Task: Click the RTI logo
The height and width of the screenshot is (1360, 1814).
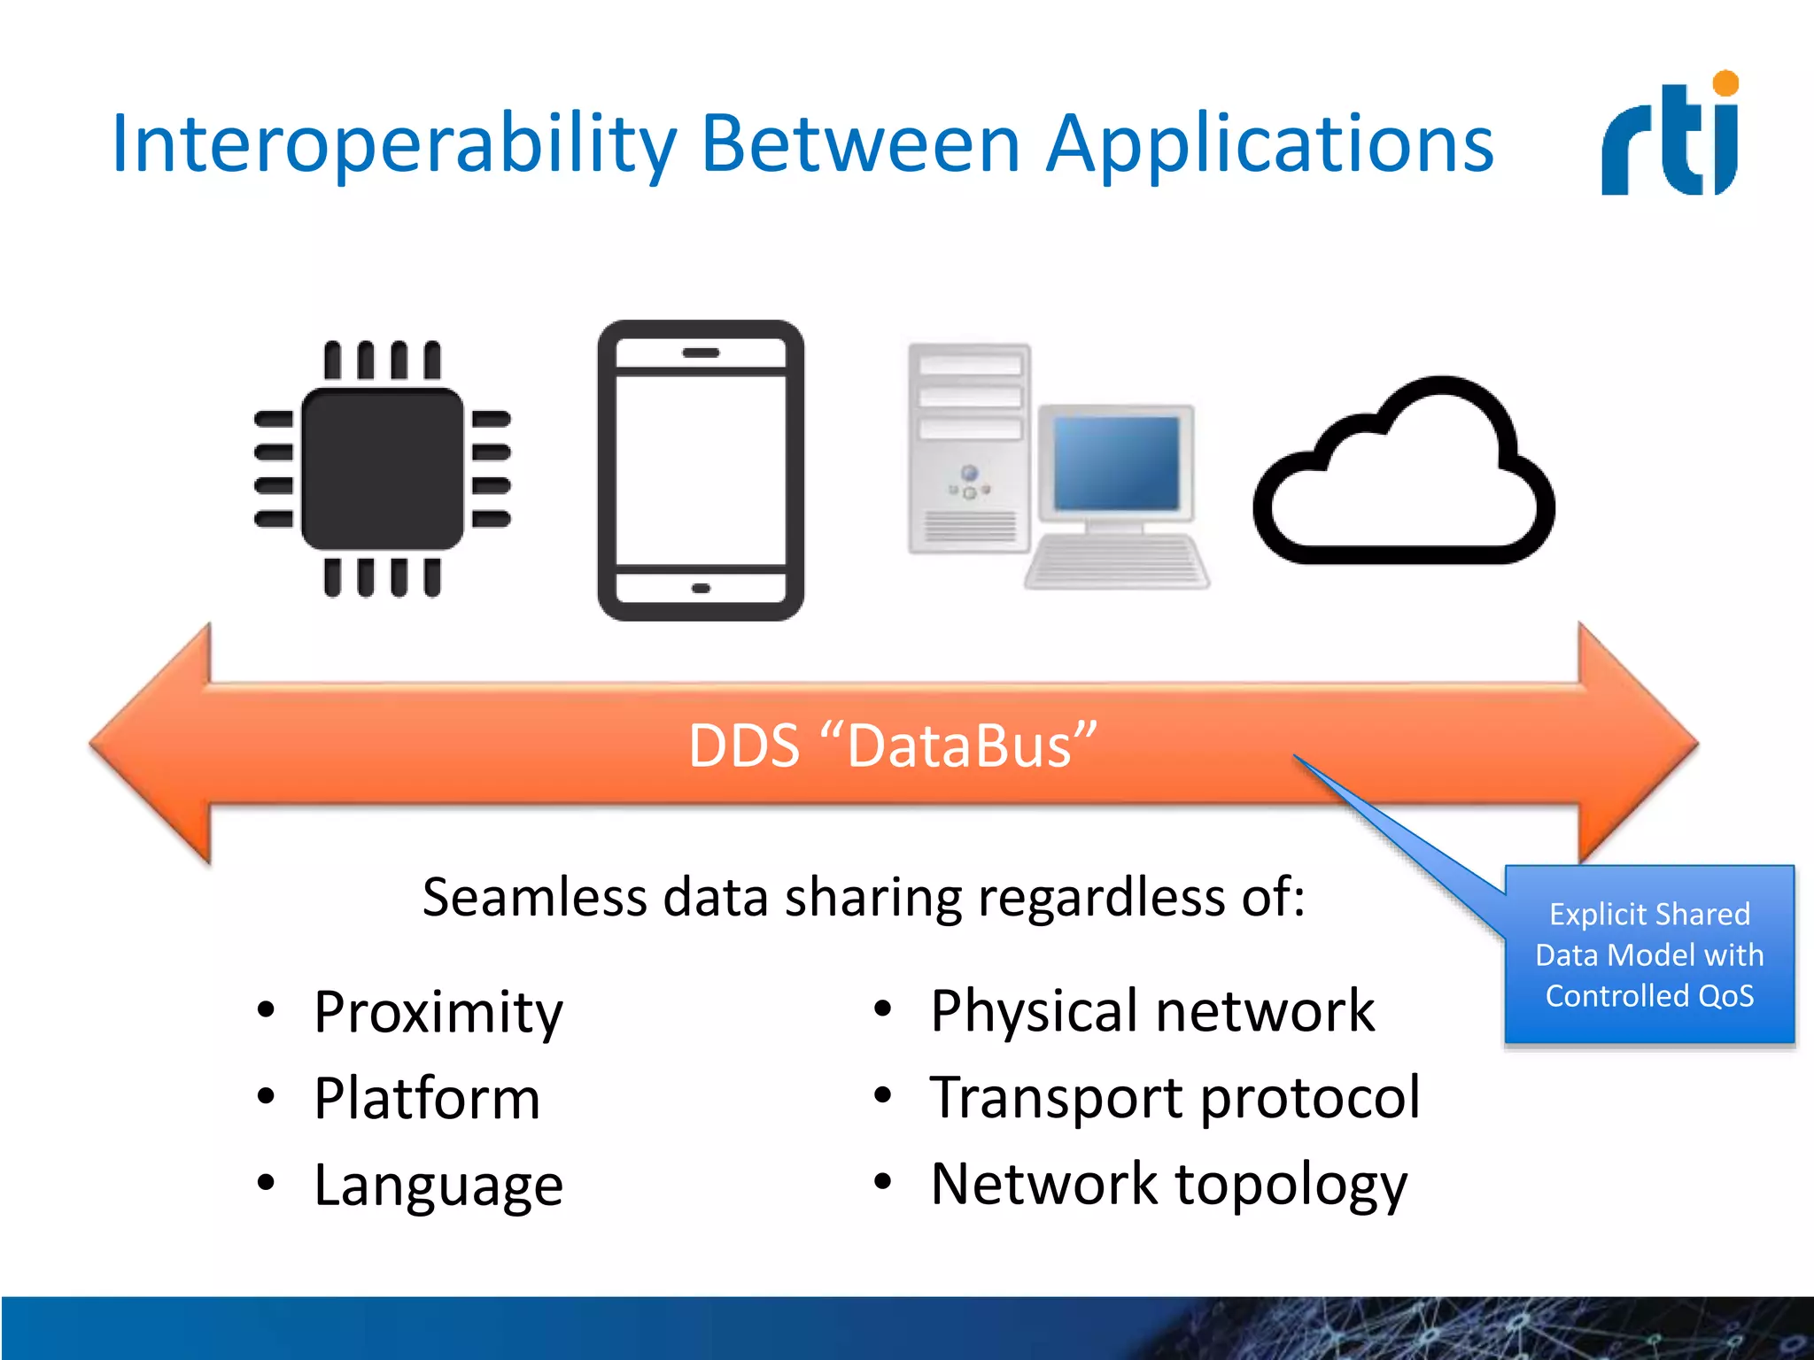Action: (x=1671, y=137)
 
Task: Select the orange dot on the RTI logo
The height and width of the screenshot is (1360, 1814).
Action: (x=1725, y=83)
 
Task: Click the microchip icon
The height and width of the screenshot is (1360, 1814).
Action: (x=383, y=468)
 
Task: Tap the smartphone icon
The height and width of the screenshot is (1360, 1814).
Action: (x=701, y=470)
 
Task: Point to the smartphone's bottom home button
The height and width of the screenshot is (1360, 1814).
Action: (x=701, y=588)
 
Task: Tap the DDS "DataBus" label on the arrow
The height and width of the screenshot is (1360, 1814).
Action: (x=892, y=746)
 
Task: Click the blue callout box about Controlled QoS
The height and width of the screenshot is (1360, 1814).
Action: (x=1649, y=954)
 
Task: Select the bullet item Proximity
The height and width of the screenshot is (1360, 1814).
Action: (x=438, y=1011)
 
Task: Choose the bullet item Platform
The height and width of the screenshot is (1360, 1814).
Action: (x=427, y=1098)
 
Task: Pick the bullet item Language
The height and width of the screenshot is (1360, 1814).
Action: (x=438, y=1185)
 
